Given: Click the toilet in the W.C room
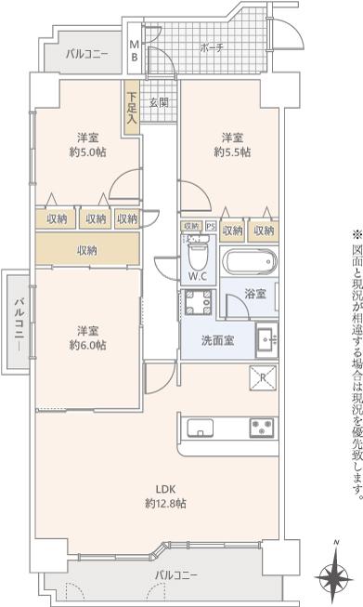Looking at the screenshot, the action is [198, 253].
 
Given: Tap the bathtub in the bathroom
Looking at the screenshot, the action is [249, 262].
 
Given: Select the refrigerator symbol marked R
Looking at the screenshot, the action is [263, 377].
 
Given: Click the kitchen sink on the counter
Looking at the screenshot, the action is [201, 428].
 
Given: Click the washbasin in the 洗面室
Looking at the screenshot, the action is [266, 340].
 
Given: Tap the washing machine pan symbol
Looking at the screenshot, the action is [199, 302].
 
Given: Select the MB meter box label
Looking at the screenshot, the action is [134, 51].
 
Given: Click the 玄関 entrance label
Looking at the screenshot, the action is [159, 103].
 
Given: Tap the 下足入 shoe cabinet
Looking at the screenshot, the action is [132, 108].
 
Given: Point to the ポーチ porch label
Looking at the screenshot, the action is [212, 48].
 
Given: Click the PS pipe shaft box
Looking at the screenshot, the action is [211, 227].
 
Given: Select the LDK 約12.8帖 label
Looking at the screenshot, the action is [165, 495].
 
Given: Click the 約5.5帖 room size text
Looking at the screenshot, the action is [232, 152].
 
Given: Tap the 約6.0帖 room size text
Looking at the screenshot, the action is [88, 345].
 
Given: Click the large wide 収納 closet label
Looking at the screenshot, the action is [87, 250].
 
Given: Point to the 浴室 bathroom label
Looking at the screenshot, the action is [255, 294].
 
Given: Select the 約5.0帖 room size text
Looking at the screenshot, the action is [88, 152].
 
